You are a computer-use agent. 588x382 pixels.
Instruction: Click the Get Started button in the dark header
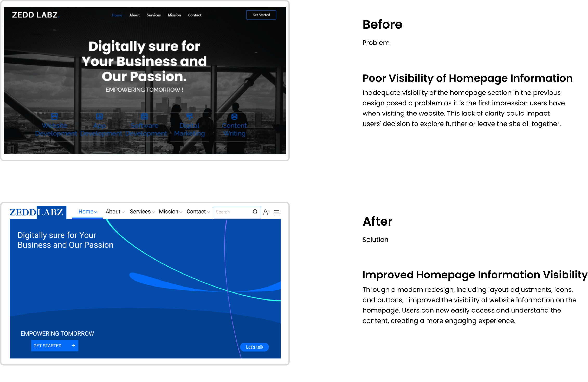[x=261, y=15]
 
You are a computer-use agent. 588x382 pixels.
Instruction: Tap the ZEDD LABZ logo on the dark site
[x=35, y=15]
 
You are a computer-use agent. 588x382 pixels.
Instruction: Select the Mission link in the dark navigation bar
[x=174, y=15]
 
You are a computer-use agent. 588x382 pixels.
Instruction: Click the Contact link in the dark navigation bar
[x=195, y=15]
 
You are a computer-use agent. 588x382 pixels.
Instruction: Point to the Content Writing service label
[x=234, y=129]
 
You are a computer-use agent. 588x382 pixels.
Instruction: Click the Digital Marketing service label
[x=189, y=129]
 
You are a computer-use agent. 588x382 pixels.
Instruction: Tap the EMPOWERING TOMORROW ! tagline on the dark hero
[x=144, y=90]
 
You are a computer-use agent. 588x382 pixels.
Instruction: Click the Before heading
[x=382, y=24]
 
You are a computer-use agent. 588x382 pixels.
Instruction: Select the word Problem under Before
[x=376, y=43]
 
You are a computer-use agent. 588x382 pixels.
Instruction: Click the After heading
[x=377, y=221]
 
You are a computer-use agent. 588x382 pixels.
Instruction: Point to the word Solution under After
[x=375, y=240]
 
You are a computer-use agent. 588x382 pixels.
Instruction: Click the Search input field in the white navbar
[x=232, y=212]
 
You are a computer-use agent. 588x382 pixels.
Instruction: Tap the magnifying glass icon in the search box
[x=255, y=212]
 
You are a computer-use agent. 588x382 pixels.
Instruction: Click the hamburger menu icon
[x=276, y=212]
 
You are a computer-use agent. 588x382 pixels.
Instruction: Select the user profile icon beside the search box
[x=266, y=212]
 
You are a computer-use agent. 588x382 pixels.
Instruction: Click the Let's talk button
[x=254, y=347]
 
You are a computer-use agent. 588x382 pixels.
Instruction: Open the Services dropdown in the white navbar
[x=142, y=212]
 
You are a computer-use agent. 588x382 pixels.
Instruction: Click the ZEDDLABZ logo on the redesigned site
[x=36, y=212]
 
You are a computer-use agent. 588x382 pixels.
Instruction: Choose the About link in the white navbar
[x=115, y=212]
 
